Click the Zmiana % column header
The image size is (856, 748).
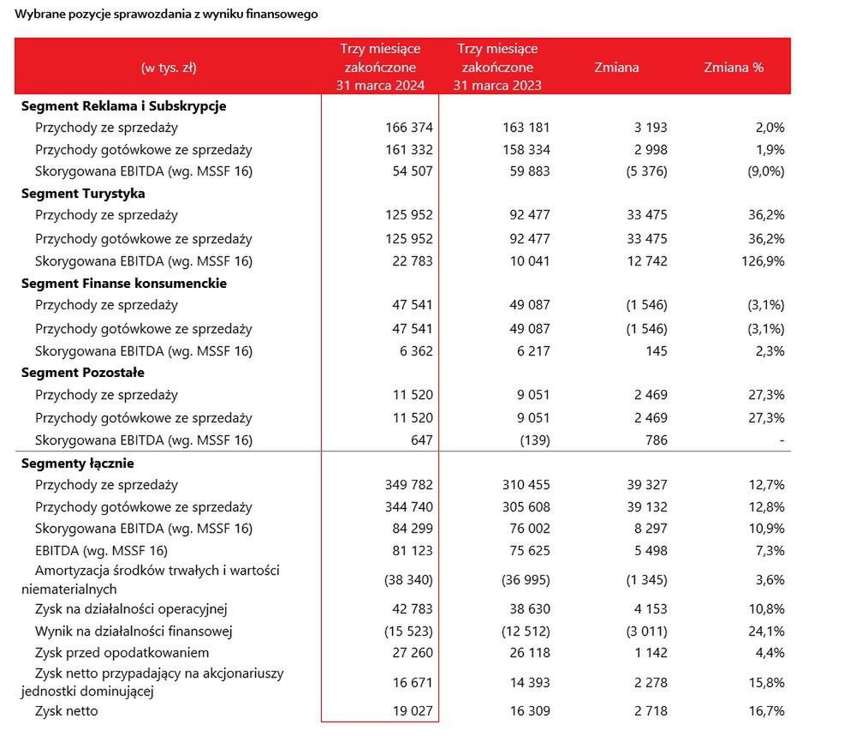(734, 67)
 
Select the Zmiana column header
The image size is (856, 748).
(616, 67)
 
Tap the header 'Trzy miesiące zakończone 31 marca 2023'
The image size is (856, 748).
(497, 67)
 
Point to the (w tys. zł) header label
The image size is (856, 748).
(169, 68)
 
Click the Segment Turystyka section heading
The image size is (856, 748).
(83, 194)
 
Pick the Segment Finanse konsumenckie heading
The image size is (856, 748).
(124, 283)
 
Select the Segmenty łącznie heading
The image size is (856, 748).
(78, 464)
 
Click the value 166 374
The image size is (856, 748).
(409, 128)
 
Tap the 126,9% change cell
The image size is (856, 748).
(763, 260)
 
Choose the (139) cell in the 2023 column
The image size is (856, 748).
(535, 440)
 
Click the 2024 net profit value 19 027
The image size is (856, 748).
(413, 711)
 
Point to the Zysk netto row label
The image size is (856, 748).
(67, 711)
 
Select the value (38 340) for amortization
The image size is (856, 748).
(408, 580)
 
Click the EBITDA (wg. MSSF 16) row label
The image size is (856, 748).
(101, 551)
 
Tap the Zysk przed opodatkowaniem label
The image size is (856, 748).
(122, 653)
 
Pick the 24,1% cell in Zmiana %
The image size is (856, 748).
(766, 631)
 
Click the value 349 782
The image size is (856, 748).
(409, 485)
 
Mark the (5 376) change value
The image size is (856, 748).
(647, 171)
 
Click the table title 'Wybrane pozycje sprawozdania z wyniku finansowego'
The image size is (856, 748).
(166, 15)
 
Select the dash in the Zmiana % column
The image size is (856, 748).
(782, 440)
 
